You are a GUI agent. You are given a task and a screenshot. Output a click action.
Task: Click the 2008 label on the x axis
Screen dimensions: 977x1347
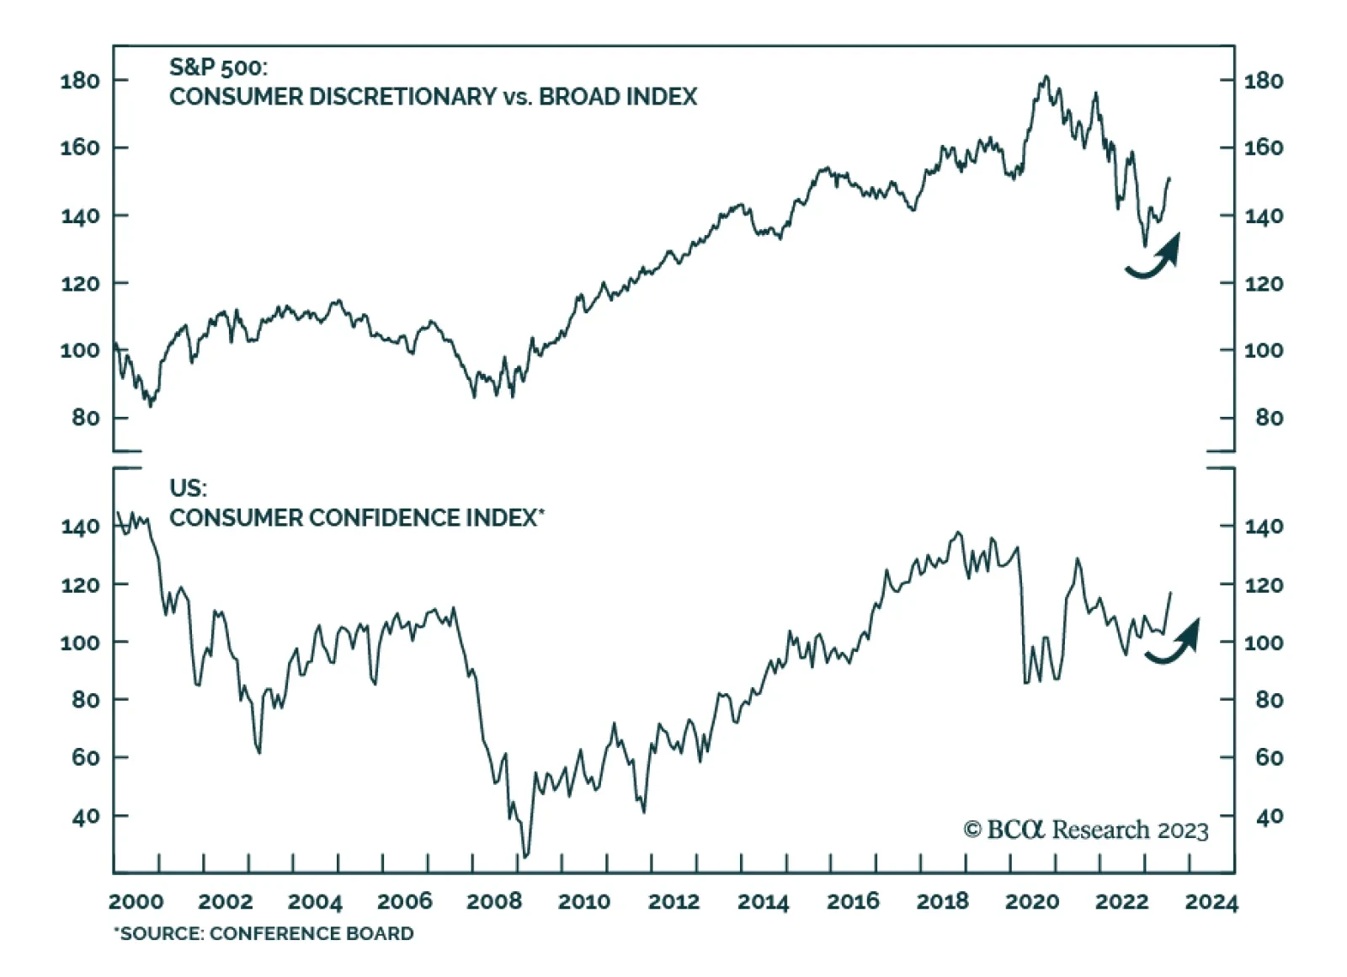(494, 901)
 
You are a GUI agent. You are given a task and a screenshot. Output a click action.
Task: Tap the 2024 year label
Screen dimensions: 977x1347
(1211, 902)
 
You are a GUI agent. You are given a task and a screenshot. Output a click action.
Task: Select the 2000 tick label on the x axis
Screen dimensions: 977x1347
(136, 901)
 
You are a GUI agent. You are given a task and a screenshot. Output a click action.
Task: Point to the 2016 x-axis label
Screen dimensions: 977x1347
(853, 901)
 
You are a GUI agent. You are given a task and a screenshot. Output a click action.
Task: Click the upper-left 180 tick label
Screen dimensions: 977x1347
(80, 81)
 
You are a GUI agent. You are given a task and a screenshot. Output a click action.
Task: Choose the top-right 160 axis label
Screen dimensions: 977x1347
(1264, 147)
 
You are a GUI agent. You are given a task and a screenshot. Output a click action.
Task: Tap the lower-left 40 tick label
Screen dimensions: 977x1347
(86, 816)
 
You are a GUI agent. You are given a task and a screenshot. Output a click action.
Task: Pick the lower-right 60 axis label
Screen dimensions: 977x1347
(1269, 757)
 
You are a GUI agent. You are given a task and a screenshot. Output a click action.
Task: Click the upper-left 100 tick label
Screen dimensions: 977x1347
(80, 350)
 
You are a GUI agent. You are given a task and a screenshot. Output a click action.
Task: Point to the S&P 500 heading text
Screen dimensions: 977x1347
(218, 67)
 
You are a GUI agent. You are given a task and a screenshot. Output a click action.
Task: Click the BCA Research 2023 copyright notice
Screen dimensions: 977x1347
(1085, 830)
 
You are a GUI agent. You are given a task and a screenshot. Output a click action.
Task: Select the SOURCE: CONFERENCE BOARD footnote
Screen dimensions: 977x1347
(264, 933)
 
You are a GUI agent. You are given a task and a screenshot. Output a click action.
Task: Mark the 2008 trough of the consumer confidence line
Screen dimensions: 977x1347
(525, 856)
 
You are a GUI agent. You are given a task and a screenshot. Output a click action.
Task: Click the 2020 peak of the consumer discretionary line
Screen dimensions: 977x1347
(1046, 77)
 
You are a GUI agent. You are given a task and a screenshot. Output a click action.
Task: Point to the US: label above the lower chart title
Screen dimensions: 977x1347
(188, 488)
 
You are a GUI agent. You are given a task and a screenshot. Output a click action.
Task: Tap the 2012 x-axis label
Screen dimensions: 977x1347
(673, 901)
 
